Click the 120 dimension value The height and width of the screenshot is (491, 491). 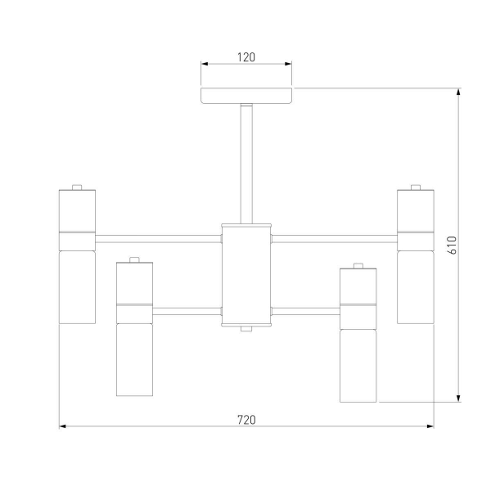point(246,57)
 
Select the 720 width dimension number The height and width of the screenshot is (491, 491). point(246,420)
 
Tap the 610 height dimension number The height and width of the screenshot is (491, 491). point(453,245)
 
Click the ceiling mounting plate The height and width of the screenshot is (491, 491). point(246,96)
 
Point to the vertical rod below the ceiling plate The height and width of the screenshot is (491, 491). point(246,164)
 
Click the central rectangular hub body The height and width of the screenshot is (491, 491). point(246,275)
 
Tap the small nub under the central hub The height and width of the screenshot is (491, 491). point(246,329)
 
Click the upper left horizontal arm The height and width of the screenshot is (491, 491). point(159,239)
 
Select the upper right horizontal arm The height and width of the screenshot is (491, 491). point(335,239)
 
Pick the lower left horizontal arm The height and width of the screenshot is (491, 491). point(187,311)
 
